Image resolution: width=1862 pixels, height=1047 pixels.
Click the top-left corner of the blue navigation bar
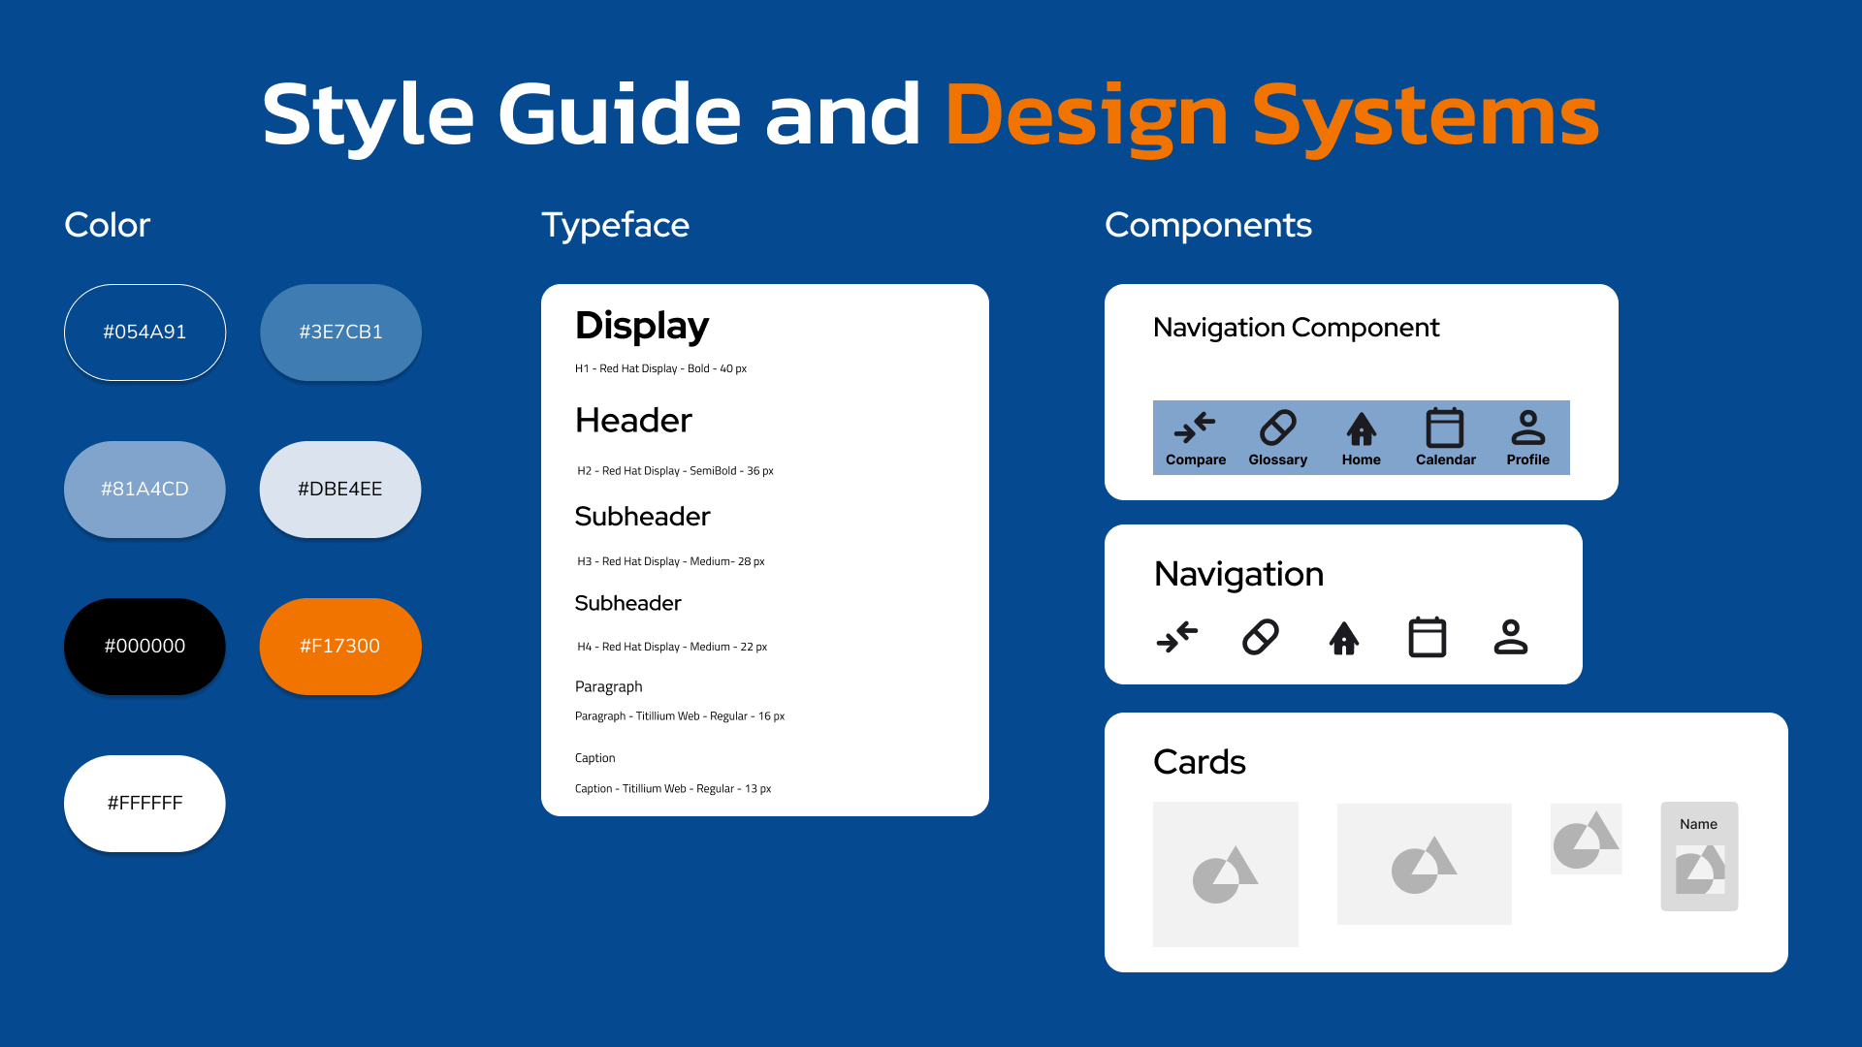pos(1153,400)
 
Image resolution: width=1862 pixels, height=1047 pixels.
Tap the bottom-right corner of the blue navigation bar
pos(1570,475)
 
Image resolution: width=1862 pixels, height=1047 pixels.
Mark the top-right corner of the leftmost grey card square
pos(1299,802)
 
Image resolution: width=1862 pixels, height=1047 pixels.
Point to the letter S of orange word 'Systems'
pos(1279,114)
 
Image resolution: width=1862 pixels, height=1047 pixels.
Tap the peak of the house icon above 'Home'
pos(1362,413)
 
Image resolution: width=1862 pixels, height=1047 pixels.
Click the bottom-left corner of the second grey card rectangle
pos(1337,925)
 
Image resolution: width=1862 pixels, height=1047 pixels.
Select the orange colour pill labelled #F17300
pos(340,647)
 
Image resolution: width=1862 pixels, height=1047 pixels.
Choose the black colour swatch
pos(144,647)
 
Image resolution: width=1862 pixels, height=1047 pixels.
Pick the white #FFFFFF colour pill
pos(144,804)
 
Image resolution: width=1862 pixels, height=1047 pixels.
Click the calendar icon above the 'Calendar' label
pos(1445,428)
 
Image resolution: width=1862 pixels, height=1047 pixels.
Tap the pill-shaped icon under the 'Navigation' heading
pos(1261,637)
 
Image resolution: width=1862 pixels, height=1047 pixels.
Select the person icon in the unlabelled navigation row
pos(1511,637)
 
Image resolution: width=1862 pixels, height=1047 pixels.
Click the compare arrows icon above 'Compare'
pos(1195,428)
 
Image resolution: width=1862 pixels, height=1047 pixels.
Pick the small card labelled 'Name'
pos(1699,856)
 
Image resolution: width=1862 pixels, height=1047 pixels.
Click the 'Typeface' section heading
pos(615,226)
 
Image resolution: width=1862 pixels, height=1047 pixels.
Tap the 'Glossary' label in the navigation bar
pos(1277,460)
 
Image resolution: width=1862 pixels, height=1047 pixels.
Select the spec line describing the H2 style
pos(675,471)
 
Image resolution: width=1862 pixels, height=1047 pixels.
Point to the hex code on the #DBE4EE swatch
pos(340,490)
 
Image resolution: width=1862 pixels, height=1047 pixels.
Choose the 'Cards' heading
pos(1200,762)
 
